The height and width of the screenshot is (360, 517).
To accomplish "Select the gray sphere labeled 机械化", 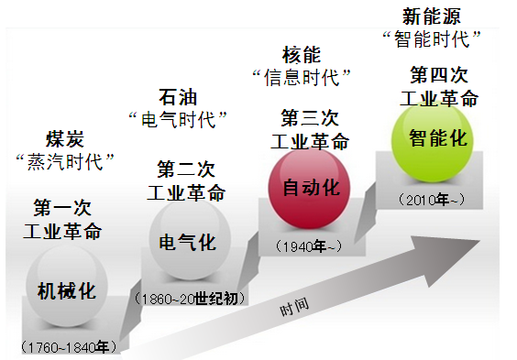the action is [x=65, y=289].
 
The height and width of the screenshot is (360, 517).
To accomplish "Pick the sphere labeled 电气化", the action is [x=188, y=242].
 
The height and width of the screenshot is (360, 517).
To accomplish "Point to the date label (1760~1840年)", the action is [x=68, y=346].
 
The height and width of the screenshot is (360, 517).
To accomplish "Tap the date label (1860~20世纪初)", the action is [x=189, y=299].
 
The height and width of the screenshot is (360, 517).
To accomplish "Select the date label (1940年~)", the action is [x=307, y=245].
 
